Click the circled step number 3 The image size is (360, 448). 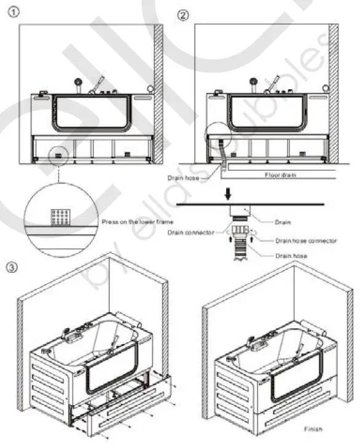tap(12, 268)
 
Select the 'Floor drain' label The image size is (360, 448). tap(281, 175)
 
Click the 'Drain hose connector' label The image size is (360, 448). tap(306, 241)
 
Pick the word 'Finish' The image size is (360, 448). tap(313, 428)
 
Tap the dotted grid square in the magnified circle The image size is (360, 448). tap(60, 216)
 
